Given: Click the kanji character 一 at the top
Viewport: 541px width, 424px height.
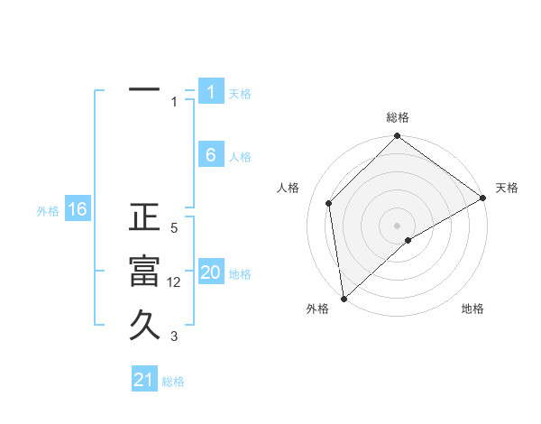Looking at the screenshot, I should point(144,91).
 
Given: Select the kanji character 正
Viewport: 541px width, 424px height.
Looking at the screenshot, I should point(144,218).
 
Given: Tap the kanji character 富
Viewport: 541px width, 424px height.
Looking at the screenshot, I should point(144,272).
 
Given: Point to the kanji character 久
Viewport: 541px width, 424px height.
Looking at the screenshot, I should point(144,324).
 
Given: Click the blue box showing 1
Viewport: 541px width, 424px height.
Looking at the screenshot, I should point(210,91).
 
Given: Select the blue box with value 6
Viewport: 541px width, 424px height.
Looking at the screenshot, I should point(210,155).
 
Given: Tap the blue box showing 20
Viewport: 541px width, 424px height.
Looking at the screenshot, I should point(210,272).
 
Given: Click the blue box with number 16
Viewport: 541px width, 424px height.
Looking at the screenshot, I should point(77,210).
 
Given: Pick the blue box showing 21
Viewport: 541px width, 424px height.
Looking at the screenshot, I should point(144,380).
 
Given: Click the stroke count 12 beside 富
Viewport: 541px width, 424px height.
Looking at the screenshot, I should point(174,282).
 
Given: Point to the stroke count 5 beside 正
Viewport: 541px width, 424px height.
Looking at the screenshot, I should point(174,228).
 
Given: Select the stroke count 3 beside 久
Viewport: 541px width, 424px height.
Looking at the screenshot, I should point(174,336).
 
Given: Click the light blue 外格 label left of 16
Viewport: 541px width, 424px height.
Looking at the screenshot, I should point(48,211).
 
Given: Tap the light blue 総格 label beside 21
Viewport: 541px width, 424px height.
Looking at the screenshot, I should point(173,382).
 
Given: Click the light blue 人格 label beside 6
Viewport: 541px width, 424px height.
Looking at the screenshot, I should point(240,157).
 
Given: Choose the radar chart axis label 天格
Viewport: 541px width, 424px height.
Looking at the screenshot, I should point(507,188).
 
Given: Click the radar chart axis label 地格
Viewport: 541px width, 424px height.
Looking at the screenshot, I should point(472,309).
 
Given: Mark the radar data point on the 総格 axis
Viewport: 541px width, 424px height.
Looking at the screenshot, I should point(397,137).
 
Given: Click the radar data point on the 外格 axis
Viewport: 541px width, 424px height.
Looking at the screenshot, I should point(343,299).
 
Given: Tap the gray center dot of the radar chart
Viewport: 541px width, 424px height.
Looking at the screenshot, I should point(397,225).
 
